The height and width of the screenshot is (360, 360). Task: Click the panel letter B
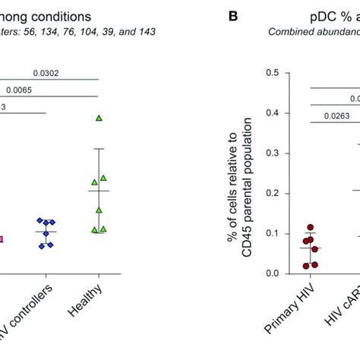204,15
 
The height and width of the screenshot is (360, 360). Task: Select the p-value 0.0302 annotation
48,73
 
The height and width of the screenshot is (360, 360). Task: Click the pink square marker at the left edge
2,238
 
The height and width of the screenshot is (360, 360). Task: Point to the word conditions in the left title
71,15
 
